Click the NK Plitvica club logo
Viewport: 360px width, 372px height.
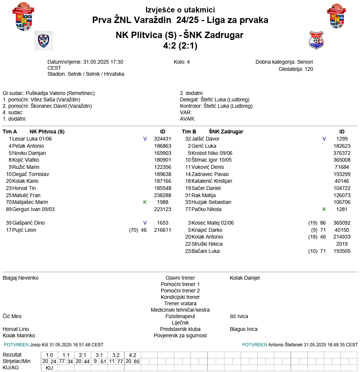pos(44,41)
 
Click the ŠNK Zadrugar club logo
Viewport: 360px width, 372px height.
pos(316,41)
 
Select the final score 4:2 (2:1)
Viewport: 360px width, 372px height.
pos(180,46)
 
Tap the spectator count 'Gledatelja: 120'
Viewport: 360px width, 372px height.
pos(296,69)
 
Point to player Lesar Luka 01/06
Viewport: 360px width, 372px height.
pos(32,139)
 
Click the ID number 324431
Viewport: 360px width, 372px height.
pos(162,139)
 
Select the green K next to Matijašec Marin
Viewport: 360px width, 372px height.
pos(145,202)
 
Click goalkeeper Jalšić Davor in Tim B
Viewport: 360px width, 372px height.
pos(205,139)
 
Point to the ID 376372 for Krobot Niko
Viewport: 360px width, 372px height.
pos(342,153)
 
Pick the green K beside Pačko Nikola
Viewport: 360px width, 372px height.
pos(324,209)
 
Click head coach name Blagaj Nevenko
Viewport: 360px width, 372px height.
pos(21,278)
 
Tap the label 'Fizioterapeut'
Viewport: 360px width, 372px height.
pos(180,316)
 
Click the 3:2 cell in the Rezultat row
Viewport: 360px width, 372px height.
pos(116,355)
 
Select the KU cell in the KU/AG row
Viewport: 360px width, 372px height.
pos(49,368)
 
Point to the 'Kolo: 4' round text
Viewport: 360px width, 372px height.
pos(182,62)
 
